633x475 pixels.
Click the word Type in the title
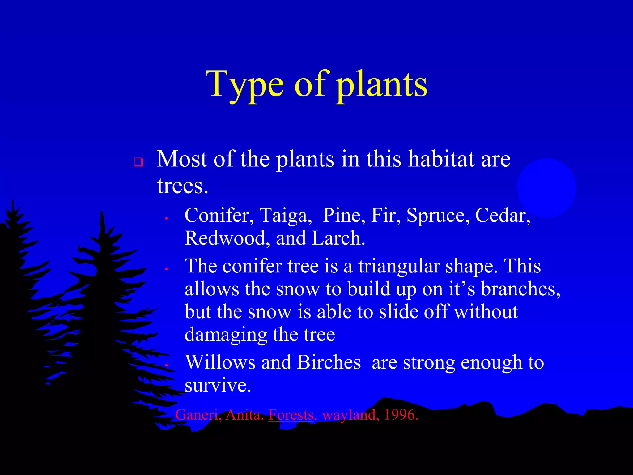click(x=244, y=84)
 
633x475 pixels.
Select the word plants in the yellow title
click(x=382, y=84)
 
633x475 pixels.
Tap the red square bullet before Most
click(x=138, y=162)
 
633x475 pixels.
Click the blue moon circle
click(x=546, y=188)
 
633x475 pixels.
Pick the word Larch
click(x=338, y=238)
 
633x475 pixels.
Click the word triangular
click(x=399, y=266)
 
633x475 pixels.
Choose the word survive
click(x=218, y=385)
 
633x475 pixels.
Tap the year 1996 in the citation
click(x=401, y=415)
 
